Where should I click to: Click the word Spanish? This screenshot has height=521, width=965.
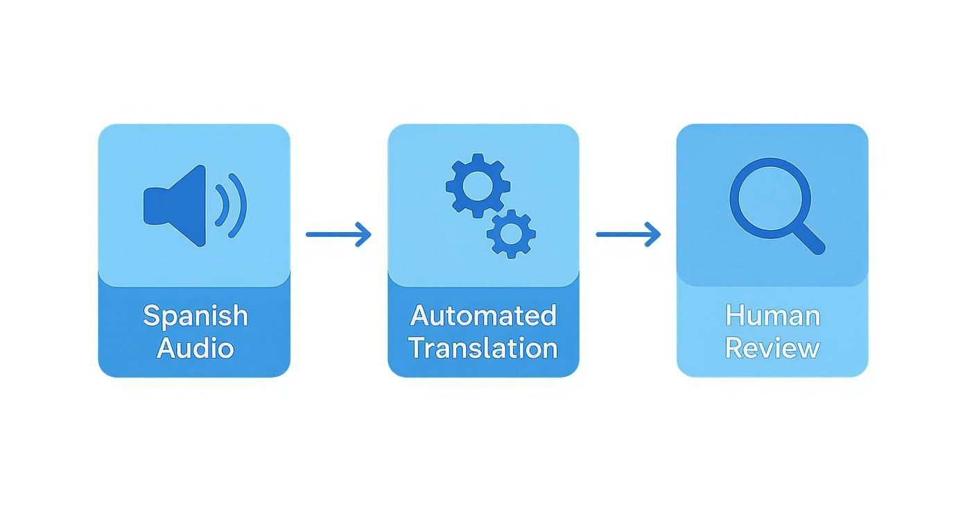[x=195, y=317]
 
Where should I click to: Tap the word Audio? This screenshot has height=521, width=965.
[x=195, y=348]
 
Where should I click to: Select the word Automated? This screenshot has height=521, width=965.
[x=483, y=316]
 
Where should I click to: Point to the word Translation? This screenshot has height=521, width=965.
[x=483, y=348]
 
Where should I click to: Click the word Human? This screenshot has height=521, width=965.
[x=772, y=317]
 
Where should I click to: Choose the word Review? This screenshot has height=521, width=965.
[x=772, y=348]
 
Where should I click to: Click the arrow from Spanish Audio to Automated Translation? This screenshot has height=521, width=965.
[x=338, y=234]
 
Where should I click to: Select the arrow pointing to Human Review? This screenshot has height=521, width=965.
[x=628, y=234]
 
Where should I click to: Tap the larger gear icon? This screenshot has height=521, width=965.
[x=478, y=186]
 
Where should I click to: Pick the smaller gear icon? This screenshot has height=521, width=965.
[x=511, y=234]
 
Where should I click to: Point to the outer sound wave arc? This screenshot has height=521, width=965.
[x=238, y=205]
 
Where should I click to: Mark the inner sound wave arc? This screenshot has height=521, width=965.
[x=223, y=205]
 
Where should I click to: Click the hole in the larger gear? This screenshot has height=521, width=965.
[x=478, y=186]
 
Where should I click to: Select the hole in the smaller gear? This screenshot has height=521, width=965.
[x=511, y=234]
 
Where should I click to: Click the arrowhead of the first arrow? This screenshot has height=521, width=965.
[x=365, y=234]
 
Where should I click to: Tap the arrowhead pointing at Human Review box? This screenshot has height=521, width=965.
[x=655, y=234]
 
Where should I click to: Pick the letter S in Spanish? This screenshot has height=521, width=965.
[x=150, y=316]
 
